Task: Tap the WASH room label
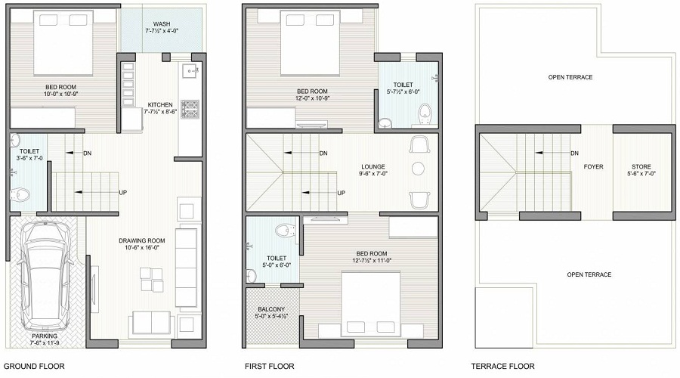[x=162, y=23]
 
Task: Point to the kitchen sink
[x=189, y=73]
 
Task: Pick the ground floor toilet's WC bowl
[x=21, y=194]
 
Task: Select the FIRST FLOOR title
[x=269, y=366]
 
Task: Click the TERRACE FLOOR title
[x=502, y=366]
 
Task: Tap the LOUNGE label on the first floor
[x=372, y=166]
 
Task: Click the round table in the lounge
[x=419, y=169]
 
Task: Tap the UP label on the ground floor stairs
[x=122, y=192]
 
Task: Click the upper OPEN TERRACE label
[x=570, y=77]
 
